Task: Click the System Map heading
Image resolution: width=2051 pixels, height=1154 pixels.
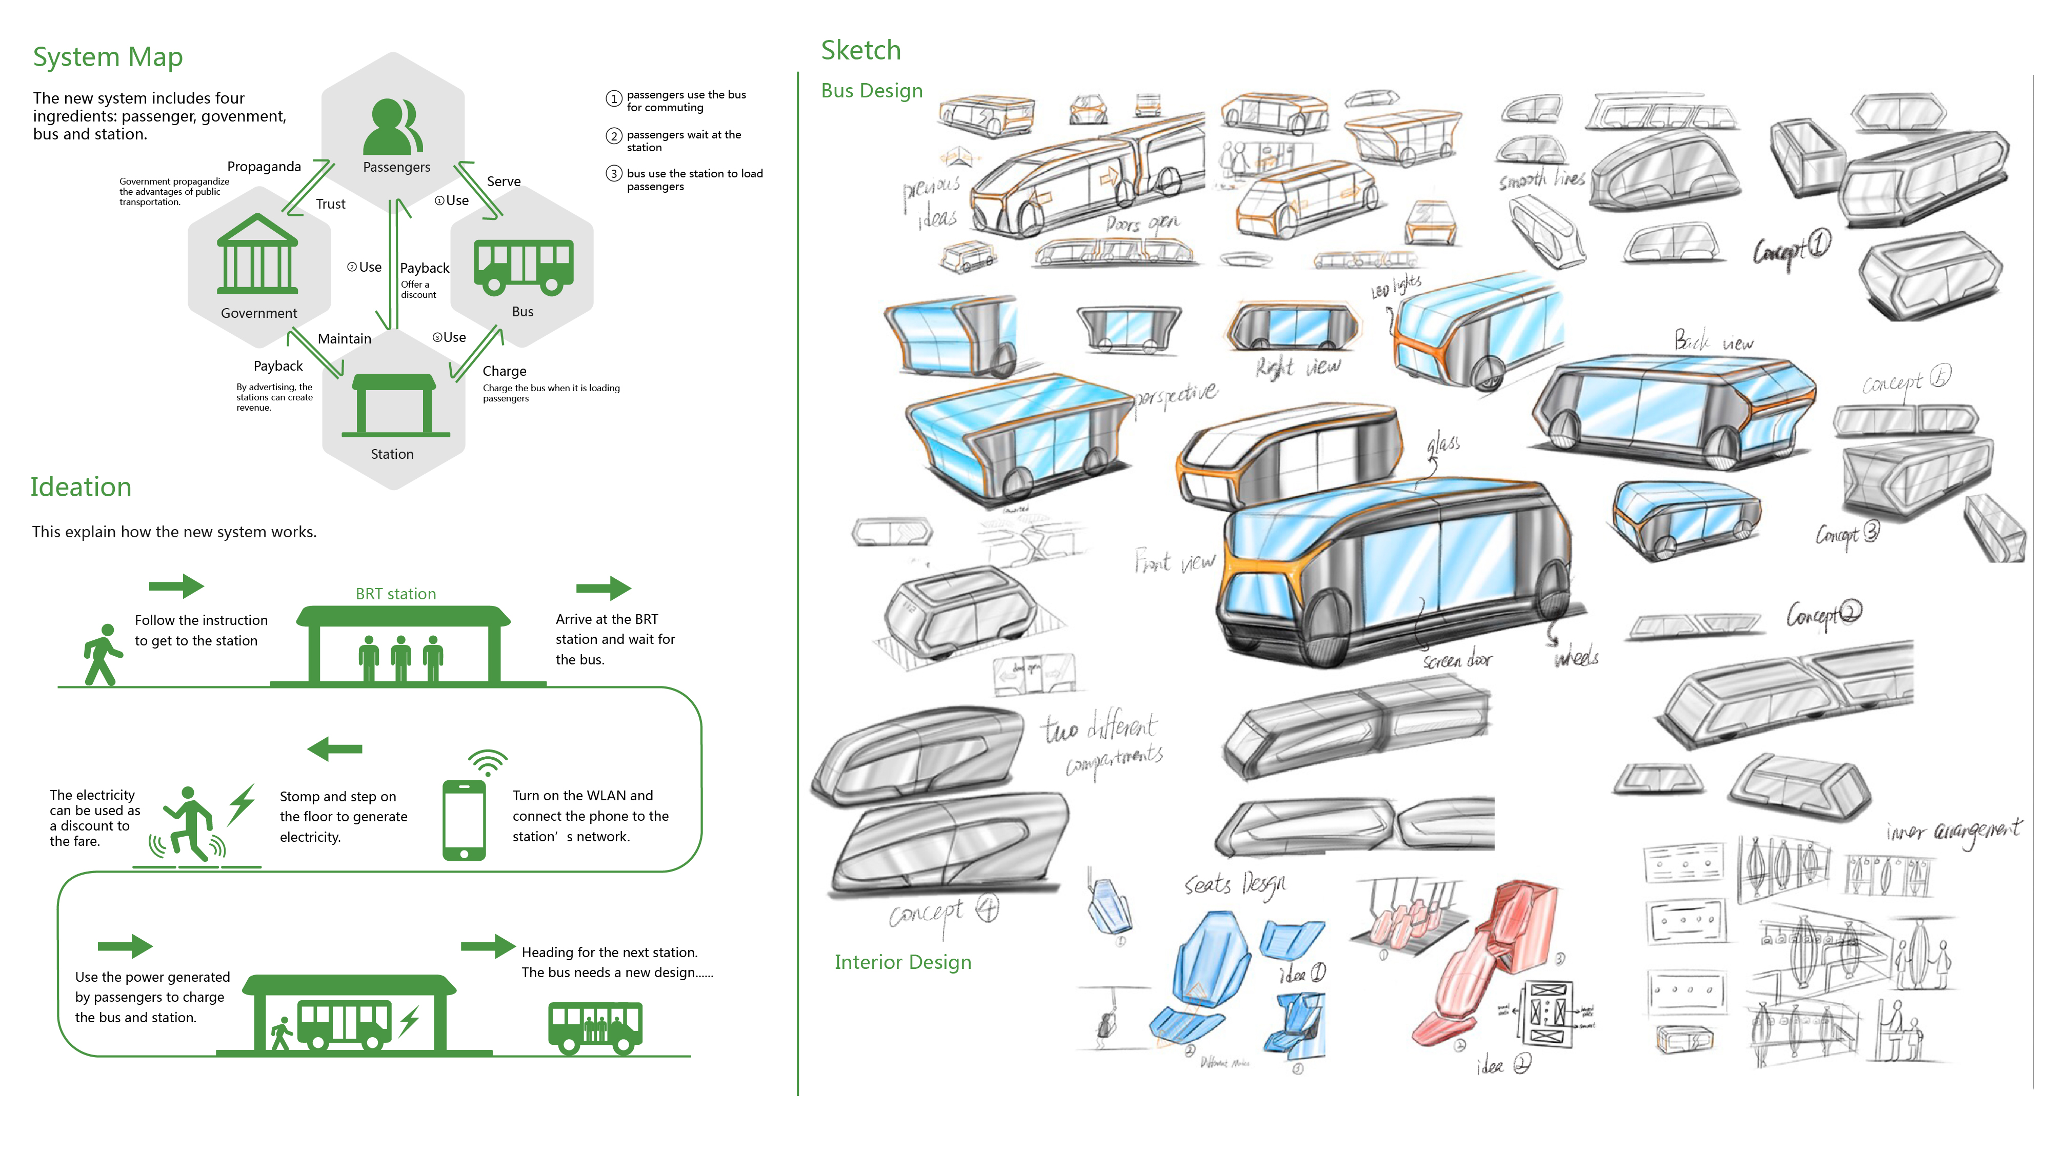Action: pyautogui.click(x=108, y=57)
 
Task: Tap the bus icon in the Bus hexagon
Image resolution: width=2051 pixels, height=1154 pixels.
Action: pyautogui.click(x=523, y=267)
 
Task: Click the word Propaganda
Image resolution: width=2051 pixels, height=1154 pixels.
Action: pyautogui.click(x=264, y=166)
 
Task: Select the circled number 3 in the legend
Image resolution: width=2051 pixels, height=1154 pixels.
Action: pyautogui.click(x=613, y=173)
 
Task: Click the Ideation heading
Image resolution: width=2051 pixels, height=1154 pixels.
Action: pyautogui.click(x=81, y=487)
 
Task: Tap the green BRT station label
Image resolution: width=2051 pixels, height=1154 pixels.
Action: pyautogui.click(x=396, y=594)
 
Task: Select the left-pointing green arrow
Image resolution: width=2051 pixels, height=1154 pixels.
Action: pyautogui.click(x=334, y=749)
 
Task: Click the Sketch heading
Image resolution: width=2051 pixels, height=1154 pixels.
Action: pyautogui.click(x=861, y=50)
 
